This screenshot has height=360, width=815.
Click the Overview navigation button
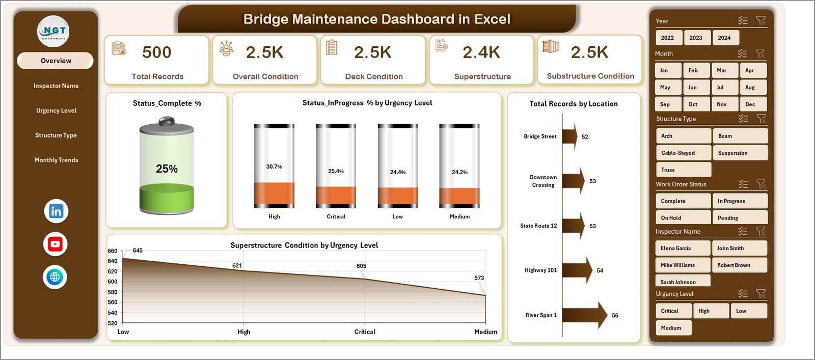tap(56, 61)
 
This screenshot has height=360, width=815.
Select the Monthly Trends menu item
tap(56, 160)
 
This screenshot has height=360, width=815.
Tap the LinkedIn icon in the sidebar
tap(56, 211)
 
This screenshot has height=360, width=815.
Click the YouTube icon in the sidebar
tap(55, 244)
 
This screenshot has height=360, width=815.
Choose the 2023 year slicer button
tap(695, 38)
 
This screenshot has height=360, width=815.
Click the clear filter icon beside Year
tap(761, 21)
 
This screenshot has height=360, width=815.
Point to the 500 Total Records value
tap(157, 52)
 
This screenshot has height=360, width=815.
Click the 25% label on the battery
tap(167, 169)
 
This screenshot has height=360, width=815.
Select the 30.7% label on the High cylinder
tap(274, 167)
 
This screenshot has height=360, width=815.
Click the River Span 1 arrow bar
tap(584, 315)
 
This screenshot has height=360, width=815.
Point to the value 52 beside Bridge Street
tap(585, 137)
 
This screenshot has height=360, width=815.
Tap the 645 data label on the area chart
tap(138, 251)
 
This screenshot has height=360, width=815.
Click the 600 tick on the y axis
tap(113, 282)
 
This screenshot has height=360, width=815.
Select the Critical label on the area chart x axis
tap(365, 332)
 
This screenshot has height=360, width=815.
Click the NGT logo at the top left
tap(53, 32)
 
